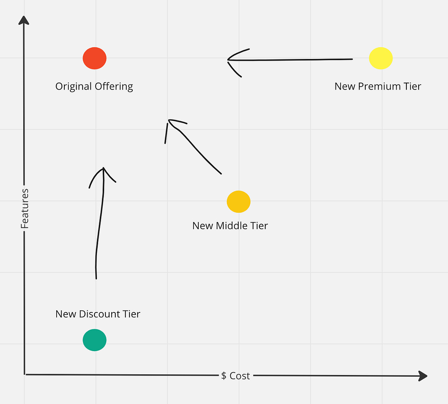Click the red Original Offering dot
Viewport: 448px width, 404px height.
pyautogui.click(x=94, y=58)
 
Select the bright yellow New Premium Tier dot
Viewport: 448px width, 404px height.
pyautogui.click(x=381, y=58)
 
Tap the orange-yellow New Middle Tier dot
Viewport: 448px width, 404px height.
pyautogui.click(x=239, y=201)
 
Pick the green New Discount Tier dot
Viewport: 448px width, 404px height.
pyautogui.click(x=94, y=340)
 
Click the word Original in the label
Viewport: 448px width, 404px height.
pyautogui.click(x=73, y=87)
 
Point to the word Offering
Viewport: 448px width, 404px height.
pyautogui.click(x=114, y=87)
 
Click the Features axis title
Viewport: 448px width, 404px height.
pyautogui.click(x=25, y=208)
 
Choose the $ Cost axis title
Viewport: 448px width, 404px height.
pyautogui.click(x=235, y=376)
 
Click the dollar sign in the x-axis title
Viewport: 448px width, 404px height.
pyautogui.click(x=224, y=376)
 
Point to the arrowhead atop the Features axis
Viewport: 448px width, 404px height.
pyautogui.click(x=24, y=20)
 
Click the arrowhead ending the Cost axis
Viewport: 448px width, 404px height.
pyautogui.click(x=422, y=376)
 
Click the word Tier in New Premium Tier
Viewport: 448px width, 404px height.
pyautogui.click(x=412, y=87)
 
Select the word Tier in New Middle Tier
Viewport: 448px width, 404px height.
pyautogui.click(x=259, y=226)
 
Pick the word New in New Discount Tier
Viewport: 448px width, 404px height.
pyautogui.click(x=66, y=314)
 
